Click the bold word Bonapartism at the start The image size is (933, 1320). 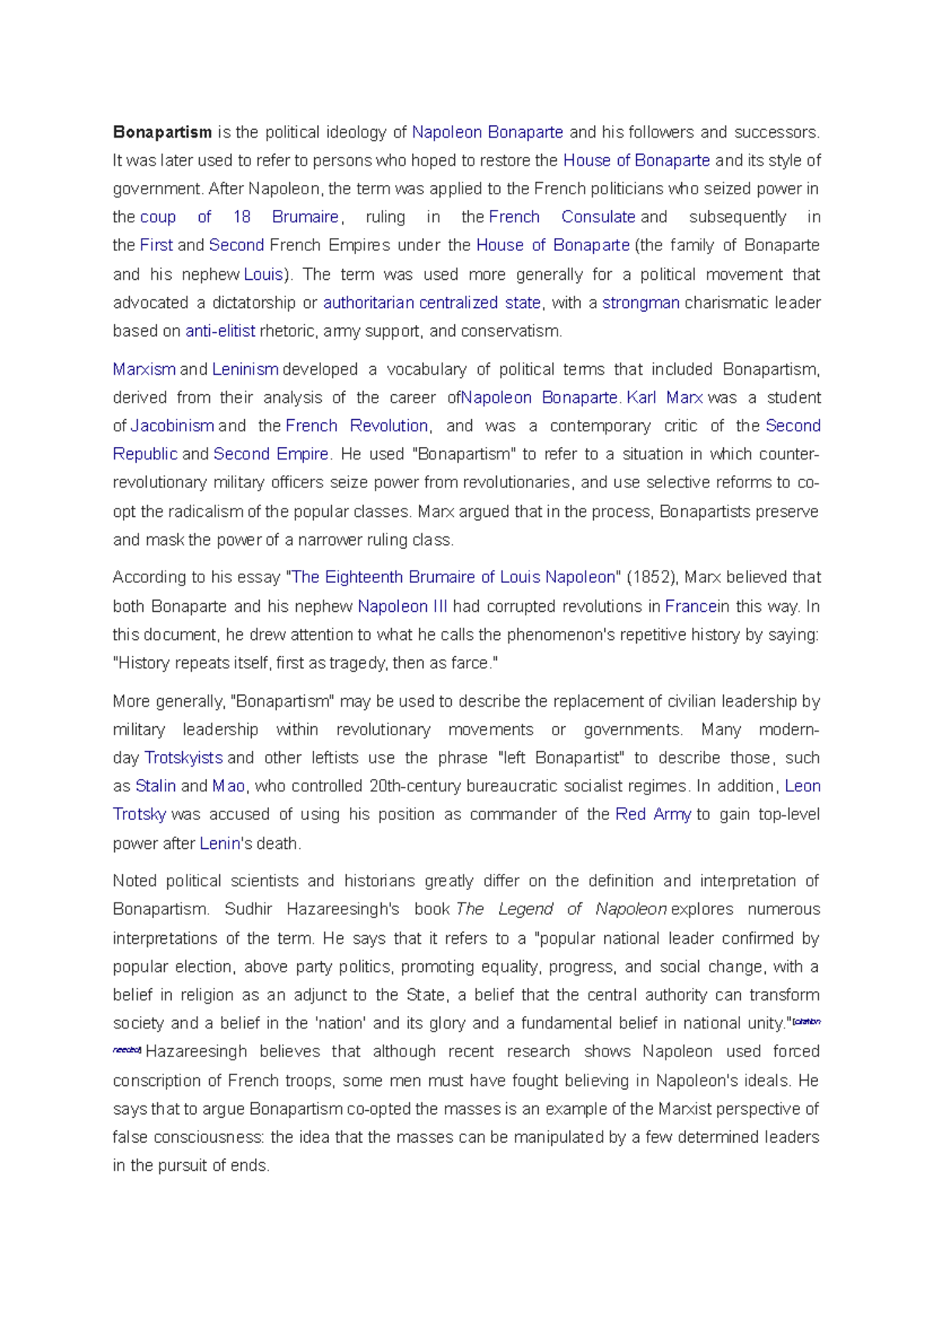162,132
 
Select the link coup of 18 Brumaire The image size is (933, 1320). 239,217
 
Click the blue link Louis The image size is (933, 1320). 263,274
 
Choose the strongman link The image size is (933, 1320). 641,302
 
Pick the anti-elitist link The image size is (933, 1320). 220,331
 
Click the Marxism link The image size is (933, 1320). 144,369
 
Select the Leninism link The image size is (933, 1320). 245,369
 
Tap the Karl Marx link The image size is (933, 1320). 665,398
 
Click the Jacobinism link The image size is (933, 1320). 172,426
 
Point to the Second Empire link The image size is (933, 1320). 271,454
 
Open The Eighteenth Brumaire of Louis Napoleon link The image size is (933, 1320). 453,578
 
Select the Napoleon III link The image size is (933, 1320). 402,606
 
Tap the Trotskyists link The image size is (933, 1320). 183,758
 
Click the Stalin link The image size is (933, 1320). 155,786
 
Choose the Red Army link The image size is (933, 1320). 652,815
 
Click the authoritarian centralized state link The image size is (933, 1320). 432,302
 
